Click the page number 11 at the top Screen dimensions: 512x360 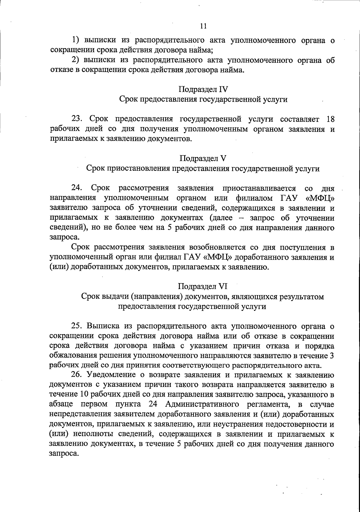[x=203, y=26]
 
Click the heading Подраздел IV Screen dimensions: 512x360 [x=203, y=89]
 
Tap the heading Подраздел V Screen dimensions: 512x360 [x=203, y=158]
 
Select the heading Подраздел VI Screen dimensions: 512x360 [x=203, y=286]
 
